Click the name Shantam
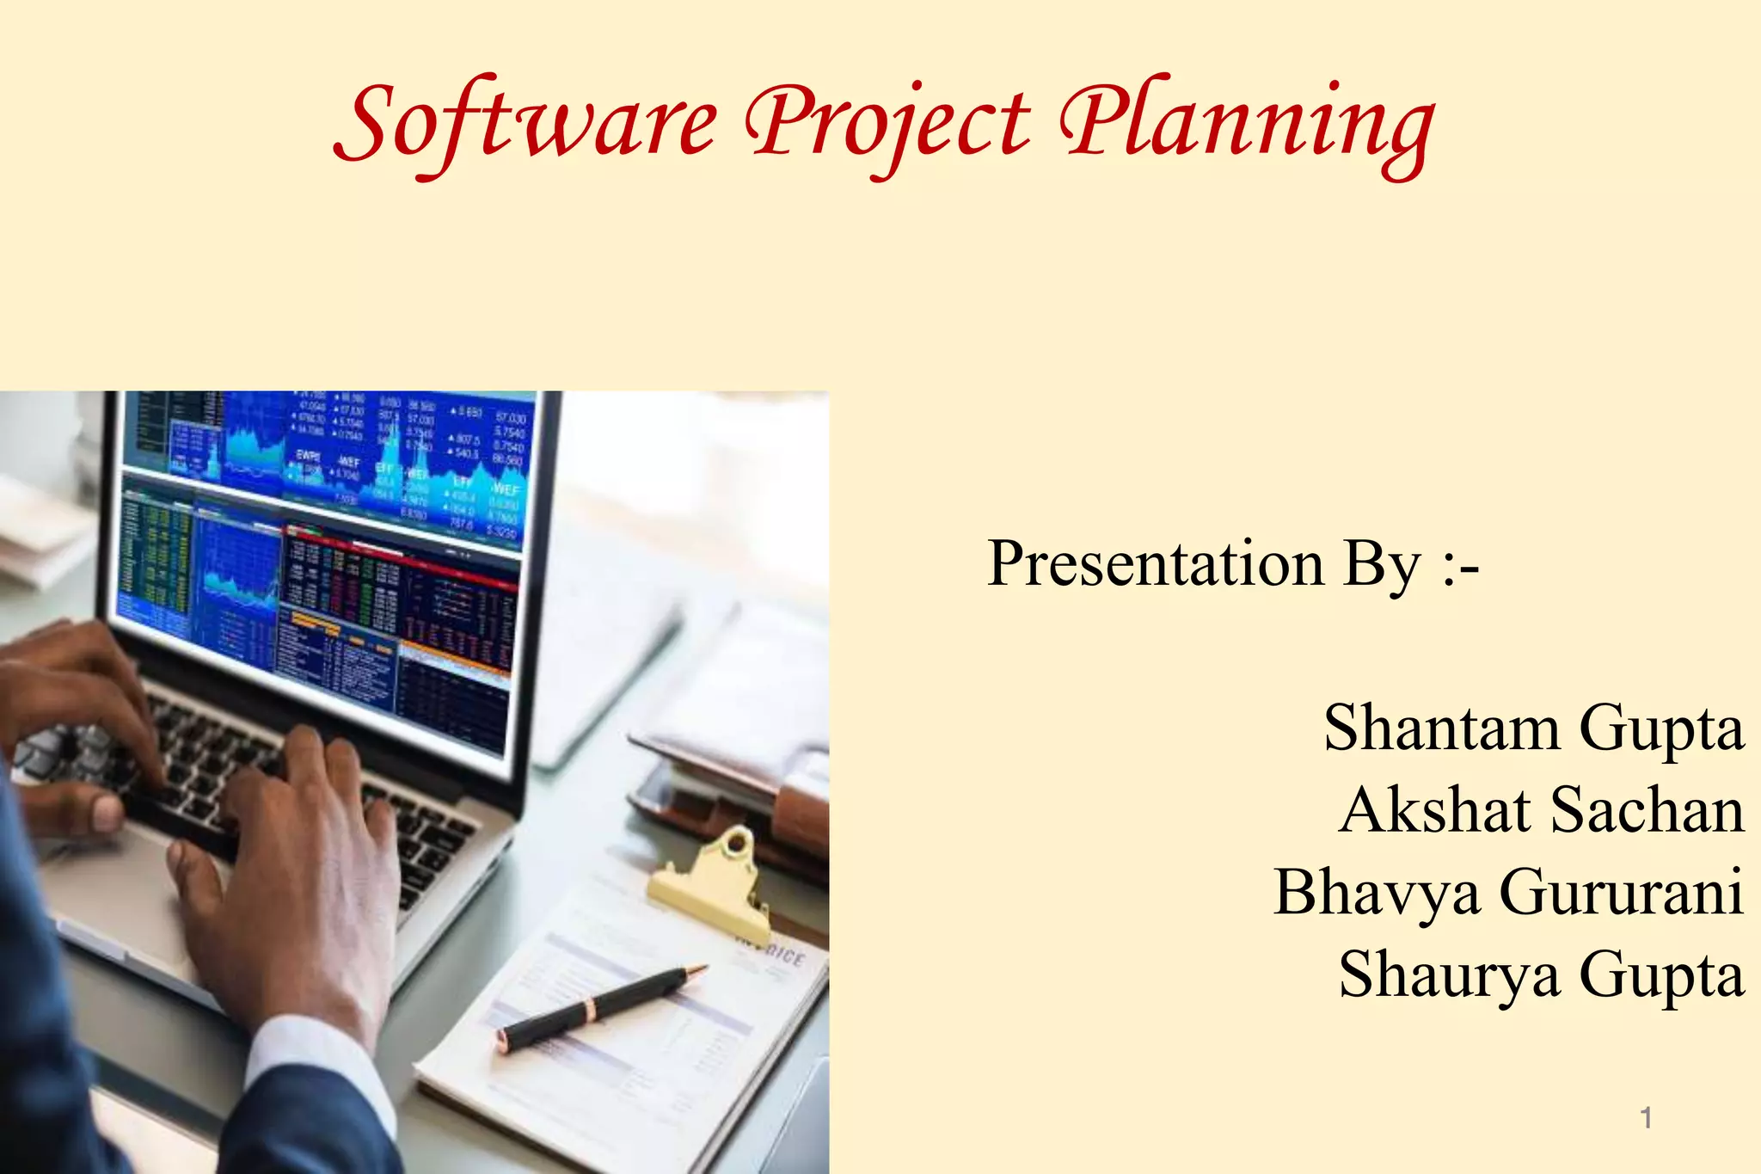[1441, 728]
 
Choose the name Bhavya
[1376, 893]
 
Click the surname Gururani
[1622, 893]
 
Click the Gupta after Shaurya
[1661, 975]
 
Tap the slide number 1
[1646, 1118]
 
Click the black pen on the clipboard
[602, 1006]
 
